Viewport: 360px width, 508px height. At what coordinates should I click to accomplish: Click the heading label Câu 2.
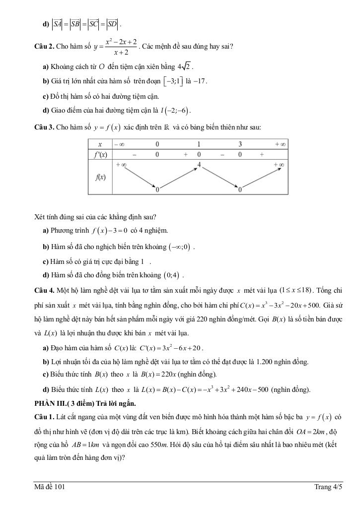[44, 47]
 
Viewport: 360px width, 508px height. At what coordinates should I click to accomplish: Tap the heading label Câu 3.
[44, 127]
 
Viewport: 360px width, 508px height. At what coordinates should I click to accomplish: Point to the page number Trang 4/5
[328, 487]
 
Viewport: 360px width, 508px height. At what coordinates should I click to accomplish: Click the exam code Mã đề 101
[50, 487]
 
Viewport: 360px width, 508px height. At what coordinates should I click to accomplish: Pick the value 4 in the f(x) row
[199, 164]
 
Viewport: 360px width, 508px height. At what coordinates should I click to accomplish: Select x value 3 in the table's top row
[240, 144]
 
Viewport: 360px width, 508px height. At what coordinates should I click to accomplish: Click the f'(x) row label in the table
[101, 154]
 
